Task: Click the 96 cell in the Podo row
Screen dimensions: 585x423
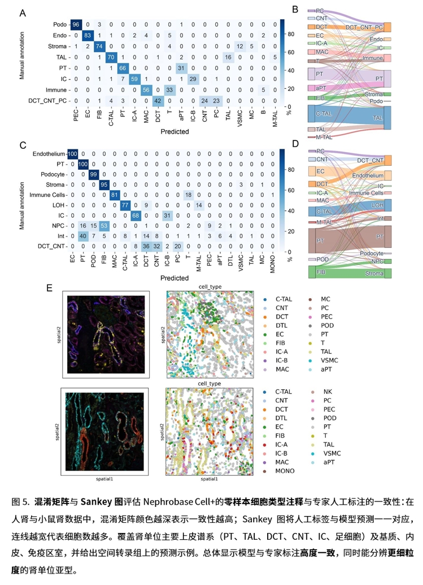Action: click(75, 24)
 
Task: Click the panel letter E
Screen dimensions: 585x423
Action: click(50, 287)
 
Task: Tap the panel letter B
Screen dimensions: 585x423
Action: click(294, 10)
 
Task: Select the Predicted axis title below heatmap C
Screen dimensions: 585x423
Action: click(174, 278)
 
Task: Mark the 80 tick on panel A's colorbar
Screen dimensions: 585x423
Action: click(290, 34)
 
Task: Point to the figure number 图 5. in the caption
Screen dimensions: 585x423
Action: click(20, 502)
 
